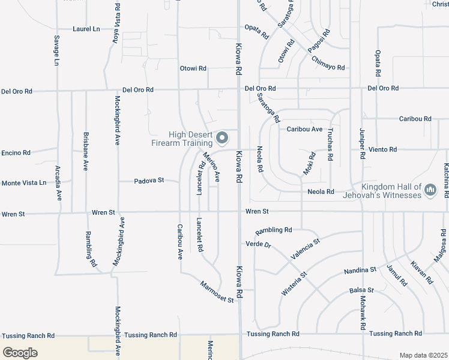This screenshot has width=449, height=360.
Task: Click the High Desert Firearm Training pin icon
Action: point(221,139)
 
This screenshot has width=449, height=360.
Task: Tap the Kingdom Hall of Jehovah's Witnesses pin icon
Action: point(430,190)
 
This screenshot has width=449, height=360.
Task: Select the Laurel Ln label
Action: point(86,29)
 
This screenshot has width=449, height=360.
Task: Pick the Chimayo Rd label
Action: point(328,64)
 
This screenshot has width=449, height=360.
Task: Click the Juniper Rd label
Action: point(362,143)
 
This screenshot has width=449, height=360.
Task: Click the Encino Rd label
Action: point(16,153)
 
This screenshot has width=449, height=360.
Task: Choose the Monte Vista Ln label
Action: point(23,183)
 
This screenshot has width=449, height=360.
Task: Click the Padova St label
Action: point(149,181)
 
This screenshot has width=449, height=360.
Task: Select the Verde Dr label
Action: point(259,244)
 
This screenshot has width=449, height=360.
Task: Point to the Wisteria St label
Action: point(294,283)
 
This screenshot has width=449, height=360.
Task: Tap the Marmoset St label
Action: point(217,292)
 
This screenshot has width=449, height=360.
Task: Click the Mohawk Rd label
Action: point(363,313)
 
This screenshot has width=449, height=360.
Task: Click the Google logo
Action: point(20,353)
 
